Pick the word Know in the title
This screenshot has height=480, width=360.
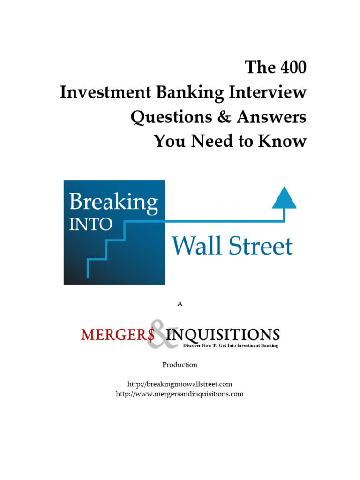(285, 141)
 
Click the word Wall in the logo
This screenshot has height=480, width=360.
(196, 246)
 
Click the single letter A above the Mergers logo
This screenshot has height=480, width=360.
(180, 304)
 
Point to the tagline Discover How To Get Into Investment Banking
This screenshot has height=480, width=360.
(230, 346)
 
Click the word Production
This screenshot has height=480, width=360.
(180, 364)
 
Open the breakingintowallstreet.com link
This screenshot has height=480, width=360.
(180, 384)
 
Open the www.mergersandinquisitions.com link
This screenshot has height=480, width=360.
(180, 394)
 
